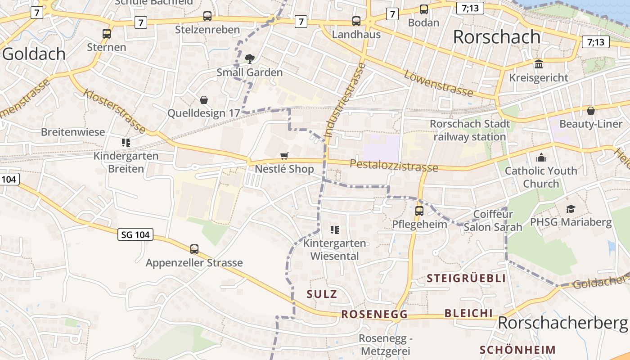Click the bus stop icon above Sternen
click(x=107, y=33)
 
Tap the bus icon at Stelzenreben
click(x=207, y=16)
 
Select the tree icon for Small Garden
click(x=249, y=58)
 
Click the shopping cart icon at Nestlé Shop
click(x=284, y=156)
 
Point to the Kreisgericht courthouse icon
click(x=539, y=64)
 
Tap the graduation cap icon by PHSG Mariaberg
click(x=571, y=209)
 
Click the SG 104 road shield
click(x=135, y=234)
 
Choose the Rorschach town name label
click(x=496, y=37)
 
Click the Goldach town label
click(x=34, y=54)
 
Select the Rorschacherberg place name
click(x=562, y=323)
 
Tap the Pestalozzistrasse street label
click(x=394, y=165)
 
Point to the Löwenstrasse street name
click(x=439, y=83)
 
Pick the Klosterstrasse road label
click(x=115, y=111)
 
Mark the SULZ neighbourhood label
click(x=322, y=294)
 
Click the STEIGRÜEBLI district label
click(x=466, y=278)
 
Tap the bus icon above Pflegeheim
click(x=419, y=211)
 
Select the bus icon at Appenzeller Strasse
click(x=194, y=249)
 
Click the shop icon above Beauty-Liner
click(x=591, y=110)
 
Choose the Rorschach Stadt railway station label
click(x=470, y=130)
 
